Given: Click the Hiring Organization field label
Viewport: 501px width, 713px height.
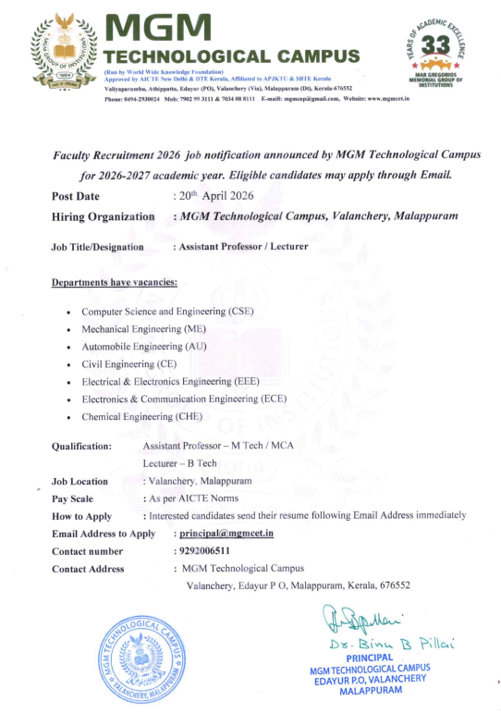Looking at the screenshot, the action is (104, 216).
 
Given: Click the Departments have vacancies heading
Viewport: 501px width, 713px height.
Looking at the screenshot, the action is (115, 282).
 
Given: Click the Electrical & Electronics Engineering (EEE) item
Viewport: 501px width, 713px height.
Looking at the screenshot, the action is (170, 382).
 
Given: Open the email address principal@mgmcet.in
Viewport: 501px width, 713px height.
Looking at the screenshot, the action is (227, 534).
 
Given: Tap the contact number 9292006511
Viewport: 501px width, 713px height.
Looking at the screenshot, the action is (204, 551).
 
